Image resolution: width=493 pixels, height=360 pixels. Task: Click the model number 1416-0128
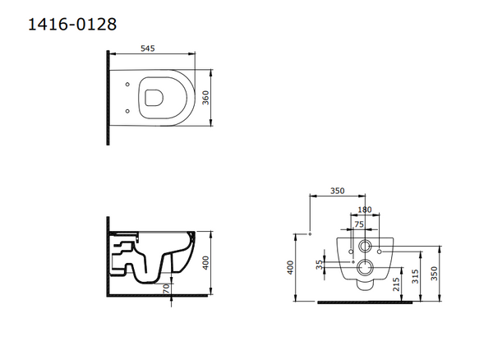click(72, 24)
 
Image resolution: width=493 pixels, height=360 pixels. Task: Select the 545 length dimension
click(147, 48)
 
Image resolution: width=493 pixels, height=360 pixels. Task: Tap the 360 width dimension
click(205, 98)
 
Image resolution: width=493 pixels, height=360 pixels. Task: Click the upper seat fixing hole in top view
click(127, 85)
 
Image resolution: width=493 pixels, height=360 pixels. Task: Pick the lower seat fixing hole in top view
click(127, 111)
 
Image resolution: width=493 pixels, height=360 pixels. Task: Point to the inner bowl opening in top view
click(154, 98)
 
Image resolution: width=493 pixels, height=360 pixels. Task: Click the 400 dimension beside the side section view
click(205, 263)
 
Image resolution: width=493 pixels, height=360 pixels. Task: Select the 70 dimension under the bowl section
click(166, 288)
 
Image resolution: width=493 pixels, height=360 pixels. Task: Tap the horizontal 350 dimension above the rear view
click(338, 191)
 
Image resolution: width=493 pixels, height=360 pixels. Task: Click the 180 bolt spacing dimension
click(365, 210)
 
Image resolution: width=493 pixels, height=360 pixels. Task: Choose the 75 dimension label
click(359, 224)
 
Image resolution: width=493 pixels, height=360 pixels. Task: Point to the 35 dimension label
click(320, 265)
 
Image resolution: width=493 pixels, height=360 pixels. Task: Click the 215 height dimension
click(397, 284)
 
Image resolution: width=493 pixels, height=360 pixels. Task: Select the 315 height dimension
click(415, 276)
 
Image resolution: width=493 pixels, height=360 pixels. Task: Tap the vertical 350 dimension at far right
click(434, 273)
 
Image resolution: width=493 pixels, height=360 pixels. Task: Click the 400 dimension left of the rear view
click(290, 268)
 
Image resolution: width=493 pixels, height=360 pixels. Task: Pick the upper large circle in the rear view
click(365, 247)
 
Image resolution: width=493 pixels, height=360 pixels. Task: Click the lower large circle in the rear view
click(365, 268)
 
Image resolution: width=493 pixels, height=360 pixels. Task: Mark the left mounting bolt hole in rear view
click(351, 252)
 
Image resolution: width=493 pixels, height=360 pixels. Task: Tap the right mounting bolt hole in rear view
click(379, 252)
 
